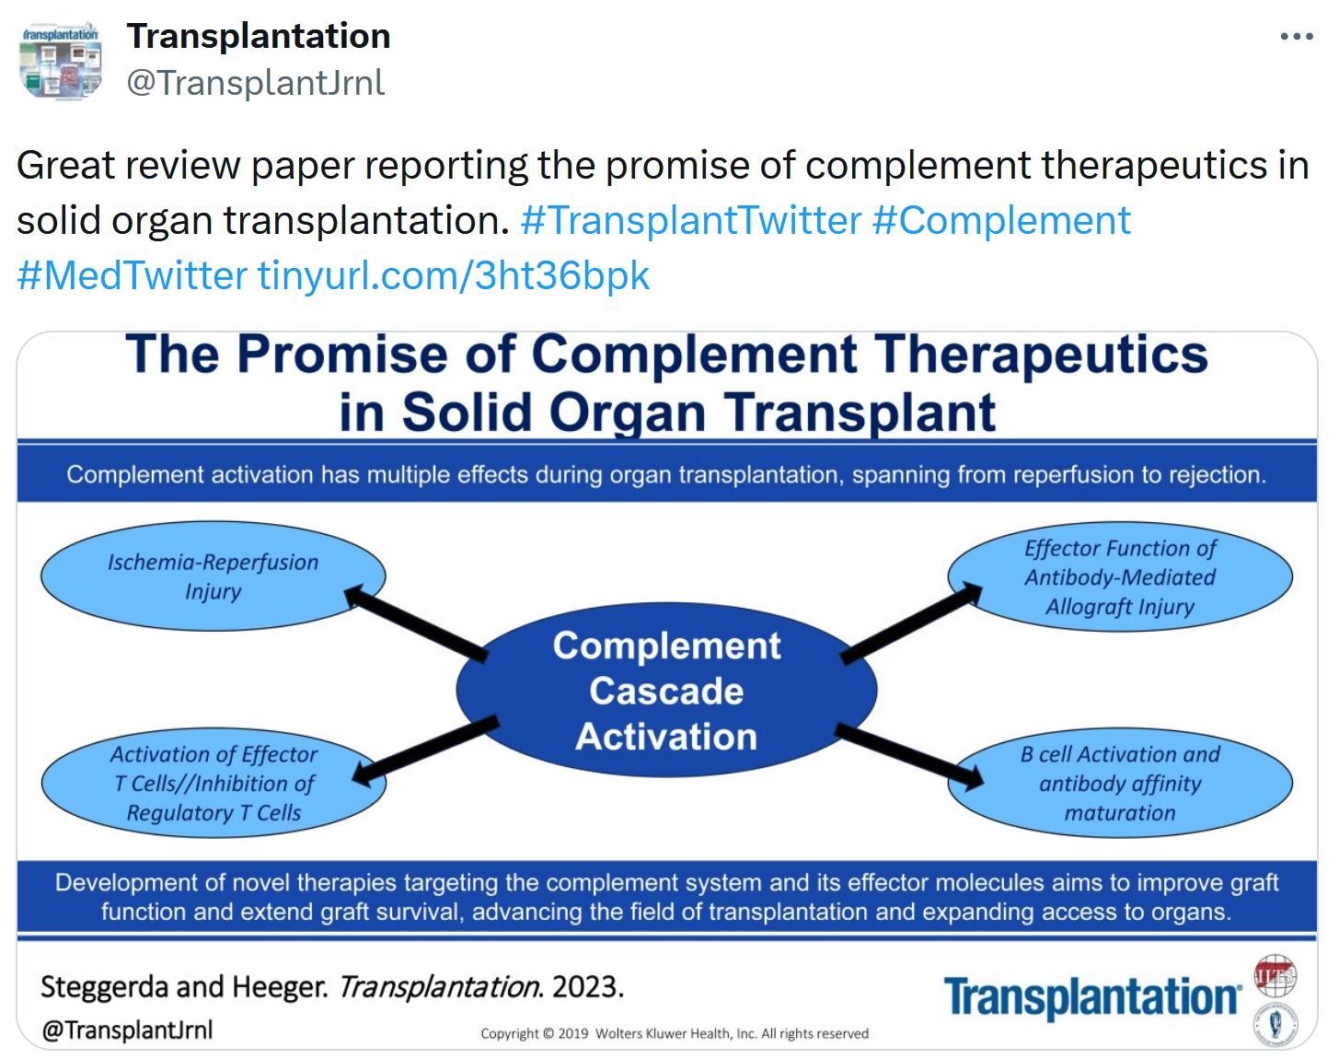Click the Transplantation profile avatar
coord(61,61)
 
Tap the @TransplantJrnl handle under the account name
coord(256,83)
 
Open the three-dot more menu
coord(1297,37)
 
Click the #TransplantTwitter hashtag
coord(690,220)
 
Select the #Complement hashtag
coord(1001,220)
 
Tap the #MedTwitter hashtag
coord(132,275)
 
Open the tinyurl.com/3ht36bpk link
coord(454,275)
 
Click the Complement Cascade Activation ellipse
coord(666,690)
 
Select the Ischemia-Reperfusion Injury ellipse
coord(213,576)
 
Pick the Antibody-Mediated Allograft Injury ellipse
coord(1120,576)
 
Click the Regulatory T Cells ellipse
coord(214,783)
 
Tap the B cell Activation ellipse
coord(1120,783)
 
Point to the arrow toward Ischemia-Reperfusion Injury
coord(416,623)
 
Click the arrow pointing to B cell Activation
coord(909,756)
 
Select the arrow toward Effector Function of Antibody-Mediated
coord(911,623)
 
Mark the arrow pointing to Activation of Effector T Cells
coord(425,750)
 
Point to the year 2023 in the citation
coord(587,987)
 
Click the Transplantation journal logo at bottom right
coord(1092,997)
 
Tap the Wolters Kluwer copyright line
coord(675,1033)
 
